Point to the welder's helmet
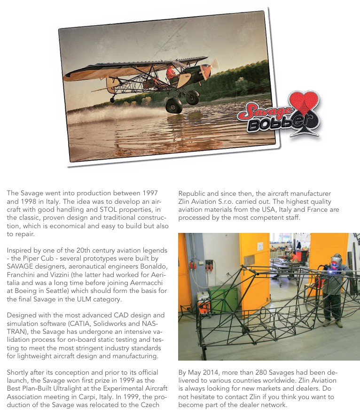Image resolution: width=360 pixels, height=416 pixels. pos(336,259)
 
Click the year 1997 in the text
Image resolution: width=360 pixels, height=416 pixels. pos(148,193)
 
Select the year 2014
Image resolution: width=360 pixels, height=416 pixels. pos(210,372)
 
